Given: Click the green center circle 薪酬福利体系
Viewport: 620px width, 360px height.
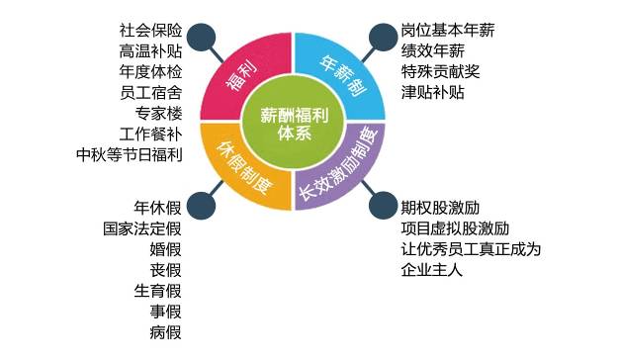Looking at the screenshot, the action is click(x=293, y=122).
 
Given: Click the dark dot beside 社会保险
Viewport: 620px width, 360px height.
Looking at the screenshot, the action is click(x=202, y=38).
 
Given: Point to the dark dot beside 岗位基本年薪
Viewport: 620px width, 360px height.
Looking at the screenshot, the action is click(x=383, y=38).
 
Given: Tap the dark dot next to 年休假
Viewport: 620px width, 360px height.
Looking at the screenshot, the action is click(x=202, y=206).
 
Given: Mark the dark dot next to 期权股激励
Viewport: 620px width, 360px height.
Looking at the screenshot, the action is click(x=383, y=206).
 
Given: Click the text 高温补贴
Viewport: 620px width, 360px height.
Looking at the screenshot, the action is click(x=150, y=51).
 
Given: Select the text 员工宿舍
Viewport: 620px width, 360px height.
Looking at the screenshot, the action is click(x=150, y=93).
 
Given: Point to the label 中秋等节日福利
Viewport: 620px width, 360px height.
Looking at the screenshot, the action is click(x=130, y=154).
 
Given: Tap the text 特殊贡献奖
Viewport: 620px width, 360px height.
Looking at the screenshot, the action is click(x=440, y=71).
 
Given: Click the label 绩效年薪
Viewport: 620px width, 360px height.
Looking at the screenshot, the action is click(x=432, y=51).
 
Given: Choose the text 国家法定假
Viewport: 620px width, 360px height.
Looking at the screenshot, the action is click(x=142, y=228).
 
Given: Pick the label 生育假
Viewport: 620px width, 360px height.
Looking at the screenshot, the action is click(x=158, y=291).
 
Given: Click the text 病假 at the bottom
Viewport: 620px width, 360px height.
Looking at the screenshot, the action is click(x=166, y=332).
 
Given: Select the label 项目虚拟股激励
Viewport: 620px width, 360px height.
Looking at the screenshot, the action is click(x=455, y=228).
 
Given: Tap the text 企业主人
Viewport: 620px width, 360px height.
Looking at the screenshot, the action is click(x=432, y=270).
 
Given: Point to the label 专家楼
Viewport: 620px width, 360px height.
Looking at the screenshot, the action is click(x=158, y=113).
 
